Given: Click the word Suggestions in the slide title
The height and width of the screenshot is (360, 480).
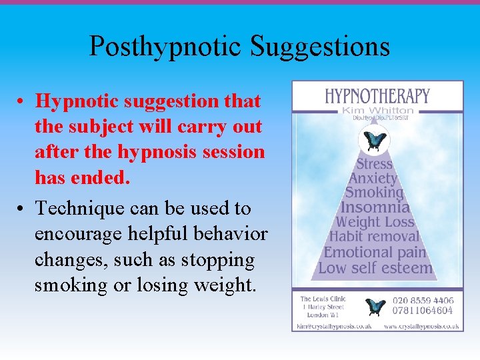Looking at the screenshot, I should (x=320, y=47).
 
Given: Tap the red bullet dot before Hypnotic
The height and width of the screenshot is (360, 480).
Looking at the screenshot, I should (x=22, y=102).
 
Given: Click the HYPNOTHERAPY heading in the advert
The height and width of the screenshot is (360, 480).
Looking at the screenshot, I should (x=377, y=96).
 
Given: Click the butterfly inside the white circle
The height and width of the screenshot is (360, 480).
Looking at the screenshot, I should (x=373, y=141).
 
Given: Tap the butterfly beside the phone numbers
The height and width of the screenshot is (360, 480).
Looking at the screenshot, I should (x=376, y=306).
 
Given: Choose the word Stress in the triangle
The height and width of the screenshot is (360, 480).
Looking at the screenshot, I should (x=374, y=164).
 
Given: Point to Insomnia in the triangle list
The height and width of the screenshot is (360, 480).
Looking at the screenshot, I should (x=375, y=207).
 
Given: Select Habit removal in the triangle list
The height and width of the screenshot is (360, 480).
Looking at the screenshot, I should (x=375, y=237).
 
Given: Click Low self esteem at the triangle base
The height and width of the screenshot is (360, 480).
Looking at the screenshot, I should (x=375, y=268).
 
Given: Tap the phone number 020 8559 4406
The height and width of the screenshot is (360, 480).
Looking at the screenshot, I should (x=424, y=301).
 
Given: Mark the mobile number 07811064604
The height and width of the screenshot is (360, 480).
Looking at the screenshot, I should (x=424, y=310).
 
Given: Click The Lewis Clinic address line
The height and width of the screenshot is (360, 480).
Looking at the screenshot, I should (x=323, y=299).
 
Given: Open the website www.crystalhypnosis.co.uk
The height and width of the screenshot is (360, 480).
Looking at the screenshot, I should (x=421, y=326).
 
